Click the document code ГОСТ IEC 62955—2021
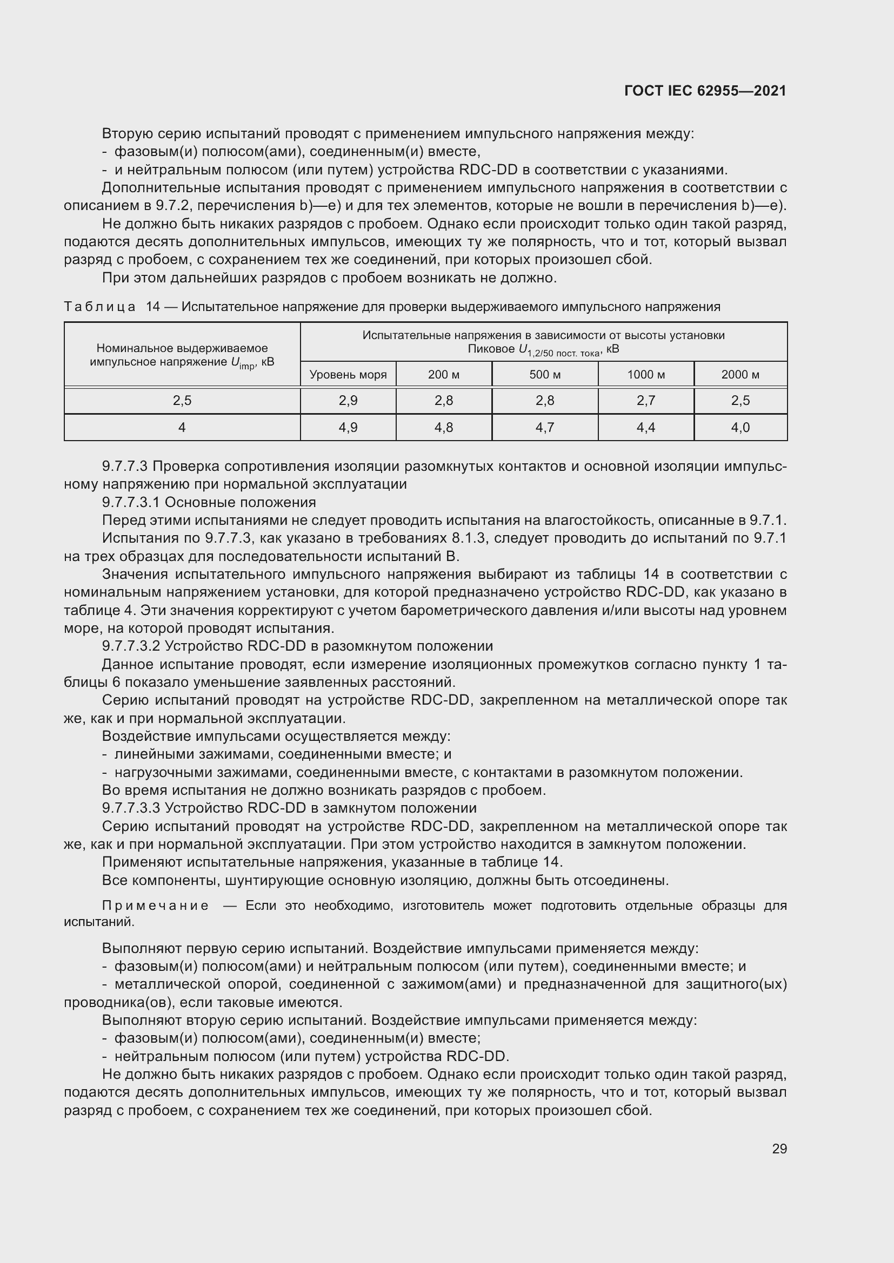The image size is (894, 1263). point(705,91)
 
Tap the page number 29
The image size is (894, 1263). point(779,1149)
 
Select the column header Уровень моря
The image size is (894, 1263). point(348,375)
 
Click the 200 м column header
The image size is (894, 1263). point(444,375)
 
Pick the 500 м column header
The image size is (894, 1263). point(545,375)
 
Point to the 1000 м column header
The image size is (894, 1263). point(646,375)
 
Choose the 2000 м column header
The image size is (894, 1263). point(740,375)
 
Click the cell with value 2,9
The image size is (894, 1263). point(348,401)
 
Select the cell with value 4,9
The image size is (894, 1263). point(348,428)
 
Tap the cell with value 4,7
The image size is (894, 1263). point(545,428)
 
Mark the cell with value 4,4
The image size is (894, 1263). point(646,428)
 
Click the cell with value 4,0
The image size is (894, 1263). point(740,428)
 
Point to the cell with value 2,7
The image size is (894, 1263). point(646,401)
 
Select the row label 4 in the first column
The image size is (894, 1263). point(182,428)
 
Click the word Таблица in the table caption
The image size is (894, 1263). point(99,307)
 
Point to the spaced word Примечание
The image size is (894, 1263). point(155,906)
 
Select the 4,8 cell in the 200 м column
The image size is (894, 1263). point(444,428)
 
